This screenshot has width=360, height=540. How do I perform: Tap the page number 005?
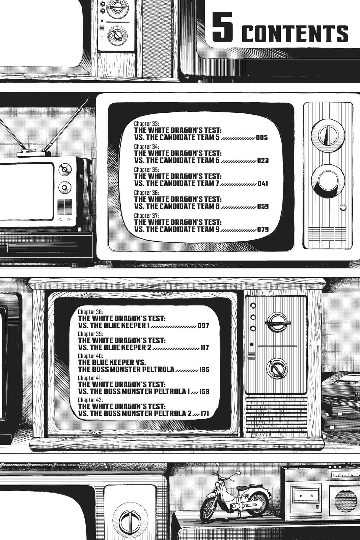pos(262,138)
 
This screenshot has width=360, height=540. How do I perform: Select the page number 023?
pos(263,161)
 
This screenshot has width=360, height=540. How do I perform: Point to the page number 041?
pos(262,184)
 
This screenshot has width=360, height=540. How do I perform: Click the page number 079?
pos(263,230)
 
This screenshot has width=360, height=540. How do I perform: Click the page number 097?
pos(204,326)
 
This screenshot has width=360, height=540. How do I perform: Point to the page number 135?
pos(204,370)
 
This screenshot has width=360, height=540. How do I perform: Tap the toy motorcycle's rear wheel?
pos(258,502)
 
